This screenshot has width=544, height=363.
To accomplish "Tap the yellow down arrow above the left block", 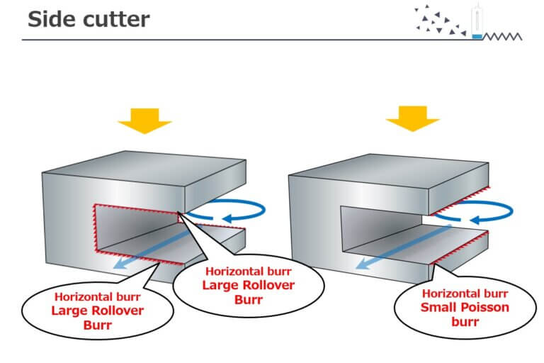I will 144,121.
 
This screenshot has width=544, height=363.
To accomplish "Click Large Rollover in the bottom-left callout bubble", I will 98,311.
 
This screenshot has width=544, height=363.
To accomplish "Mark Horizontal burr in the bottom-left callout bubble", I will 98,296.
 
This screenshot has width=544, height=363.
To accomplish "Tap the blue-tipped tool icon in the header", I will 476,23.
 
